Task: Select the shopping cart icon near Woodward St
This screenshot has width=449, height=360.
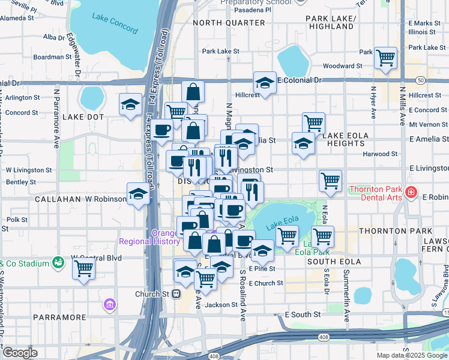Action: click(x=385, y=58)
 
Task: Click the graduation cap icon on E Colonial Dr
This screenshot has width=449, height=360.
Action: click(x=265, y=82)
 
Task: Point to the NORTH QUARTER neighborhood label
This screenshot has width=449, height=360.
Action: click(x=223, y=23)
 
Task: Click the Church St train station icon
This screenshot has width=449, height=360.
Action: click(x=176, y=294)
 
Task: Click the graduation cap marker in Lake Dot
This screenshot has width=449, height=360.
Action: click(x=130, y=105)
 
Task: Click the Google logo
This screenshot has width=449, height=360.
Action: click(x=20, y=353)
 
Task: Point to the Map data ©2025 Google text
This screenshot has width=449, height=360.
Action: click(x=411, y=355)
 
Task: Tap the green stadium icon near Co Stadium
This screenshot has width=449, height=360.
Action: click(x=58, y=262)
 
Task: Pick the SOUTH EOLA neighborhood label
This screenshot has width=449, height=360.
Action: click(x=334, y=262)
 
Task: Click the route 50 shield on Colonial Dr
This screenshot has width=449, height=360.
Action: click(x=421, y=80)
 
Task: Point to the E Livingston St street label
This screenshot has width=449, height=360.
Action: click(x=429, y=170)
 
